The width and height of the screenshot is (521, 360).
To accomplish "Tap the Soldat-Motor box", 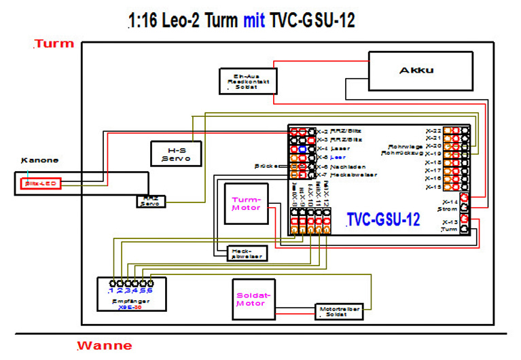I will tap(253, 299).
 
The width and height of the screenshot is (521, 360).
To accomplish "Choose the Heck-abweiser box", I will tap(246, 253).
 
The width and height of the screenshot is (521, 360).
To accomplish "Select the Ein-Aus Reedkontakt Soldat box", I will tap(243, 80).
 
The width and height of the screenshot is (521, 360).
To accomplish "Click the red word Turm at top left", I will tap(54, 44).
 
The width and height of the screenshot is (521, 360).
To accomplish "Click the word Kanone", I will tap(39, 160).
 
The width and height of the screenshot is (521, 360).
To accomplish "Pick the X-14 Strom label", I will tap(449, 206).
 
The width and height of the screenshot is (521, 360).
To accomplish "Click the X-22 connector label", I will tap(433, 129).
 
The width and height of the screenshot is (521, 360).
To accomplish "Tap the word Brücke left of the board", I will tap(267, 166).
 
